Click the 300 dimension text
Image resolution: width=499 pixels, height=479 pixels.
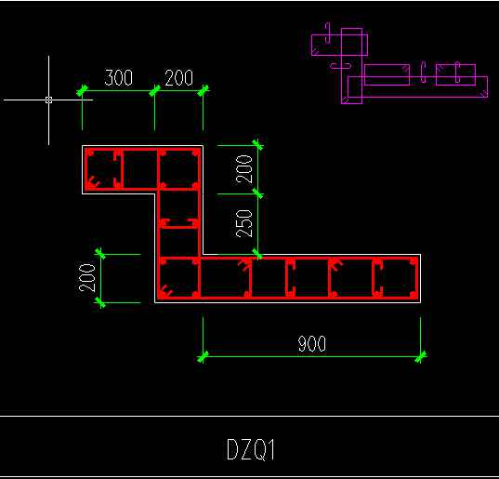click(118, 78)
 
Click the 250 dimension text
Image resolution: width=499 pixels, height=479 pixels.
click(244, 223)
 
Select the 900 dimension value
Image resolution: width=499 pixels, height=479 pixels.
click(312, 343)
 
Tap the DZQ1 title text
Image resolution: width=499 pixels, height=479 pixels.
click(251, 449)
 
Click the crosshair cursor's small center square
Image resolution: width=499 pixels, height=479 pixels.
click(48, 100)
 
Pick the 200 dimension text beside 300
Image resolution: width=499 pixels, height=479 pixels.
click(178, 78)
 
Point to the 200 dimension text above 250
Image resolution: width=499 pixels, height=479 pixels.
click(244, 169)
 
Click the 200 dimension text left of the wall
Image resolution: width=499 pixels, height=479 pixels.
click(87, 277)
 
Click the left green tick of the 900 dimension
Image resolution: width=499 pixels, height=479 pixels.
click(203, 356)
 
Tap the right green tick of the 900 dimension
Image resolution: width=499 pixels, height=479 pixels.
click(421, 356)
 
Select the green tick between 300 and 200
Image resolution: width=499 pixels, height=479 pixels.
click(154, 91)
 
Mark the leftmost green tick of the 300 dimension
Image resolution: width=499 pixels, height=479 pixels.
click(82, 91)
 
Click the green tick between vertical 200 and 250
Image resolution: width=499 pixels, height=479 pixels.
click(257, 193)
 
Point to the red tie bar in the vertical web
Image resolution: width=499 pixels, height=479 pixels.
click(178, 223)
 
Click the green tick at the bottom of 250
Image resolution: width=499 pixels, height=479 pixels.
click(257, 255)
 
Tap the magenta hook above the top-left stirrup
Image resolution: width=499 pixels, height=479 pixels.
click(328, 33)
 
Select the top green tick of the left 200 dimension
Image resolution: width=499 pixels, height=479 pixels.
click(100, 254)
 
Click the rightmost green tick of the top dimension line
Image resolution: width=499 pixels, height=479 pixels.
click(203, 91)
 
